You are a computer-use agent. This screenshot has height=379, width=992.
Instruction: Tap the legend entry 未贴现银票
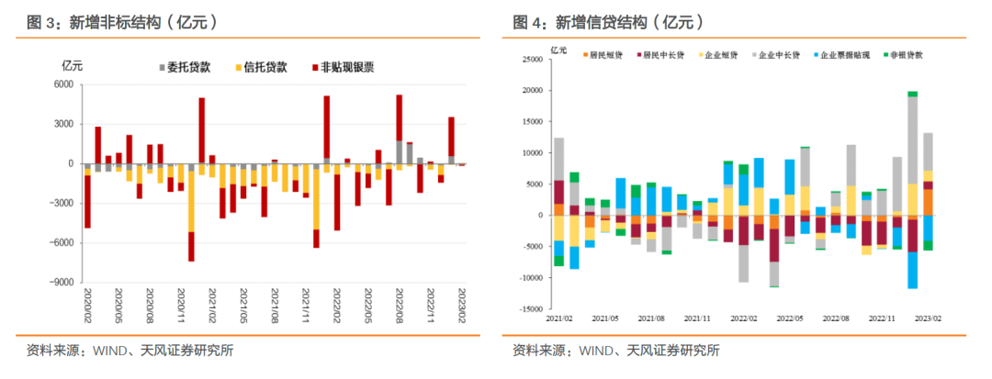pyautogui.click(x=346, y=67)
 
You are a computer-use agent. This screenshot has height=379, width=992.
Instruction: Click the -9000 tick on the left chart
pyautogui.click(x=58, y=284)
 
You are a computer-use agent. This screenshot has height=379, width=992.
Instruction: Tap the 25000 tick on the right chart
pyautogui.click(x=531, y=61)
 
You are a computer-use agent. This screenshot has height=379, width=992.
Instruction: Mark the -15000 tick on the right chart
pyautogui.click(x=529, y=309)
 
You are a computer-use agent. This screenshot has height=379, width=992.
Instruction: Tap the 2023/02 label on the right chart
pyautogui.click(x=928, y=318)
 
